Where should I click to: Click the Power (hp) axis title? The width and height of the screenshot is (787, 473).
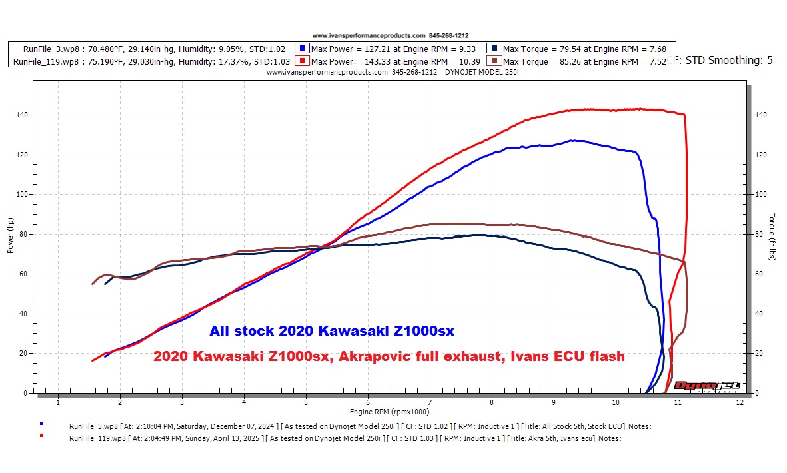(x=10, y=235)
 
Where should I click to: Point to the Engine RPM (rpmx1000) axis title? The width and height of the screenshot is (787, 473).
(x=389, y=412)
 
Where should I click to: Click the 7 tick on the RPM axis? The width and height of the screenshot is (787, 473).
(x=430, y=402)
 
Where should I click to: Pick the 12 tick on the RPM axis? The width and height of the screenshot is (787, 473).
(x=740, y=402)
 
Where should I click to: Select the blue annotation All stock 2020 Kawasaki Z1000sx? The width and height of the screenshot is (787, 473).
(x=332, y=330)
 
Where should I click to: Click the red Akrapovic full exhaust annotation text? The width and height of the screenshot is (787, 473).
(x=389, y=356)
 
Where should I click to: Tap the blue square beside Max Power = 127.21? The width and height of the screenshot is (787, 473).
(x=303, y=49)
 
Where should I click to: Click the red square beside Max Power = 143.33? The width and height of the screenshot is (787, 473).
(x=303, y=61)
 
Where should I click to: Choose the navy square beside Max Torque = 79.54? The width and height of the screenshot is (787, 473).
(x=495, y=49)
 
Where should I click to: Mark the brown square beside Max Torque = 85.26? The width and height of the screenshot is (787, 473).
(x=495, y=61)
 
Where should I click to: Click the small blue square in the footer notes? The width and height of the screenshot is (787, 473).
(x=42, y=423)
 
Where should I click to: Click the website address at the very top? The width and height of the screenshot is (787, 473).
(x=368, y=35)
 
